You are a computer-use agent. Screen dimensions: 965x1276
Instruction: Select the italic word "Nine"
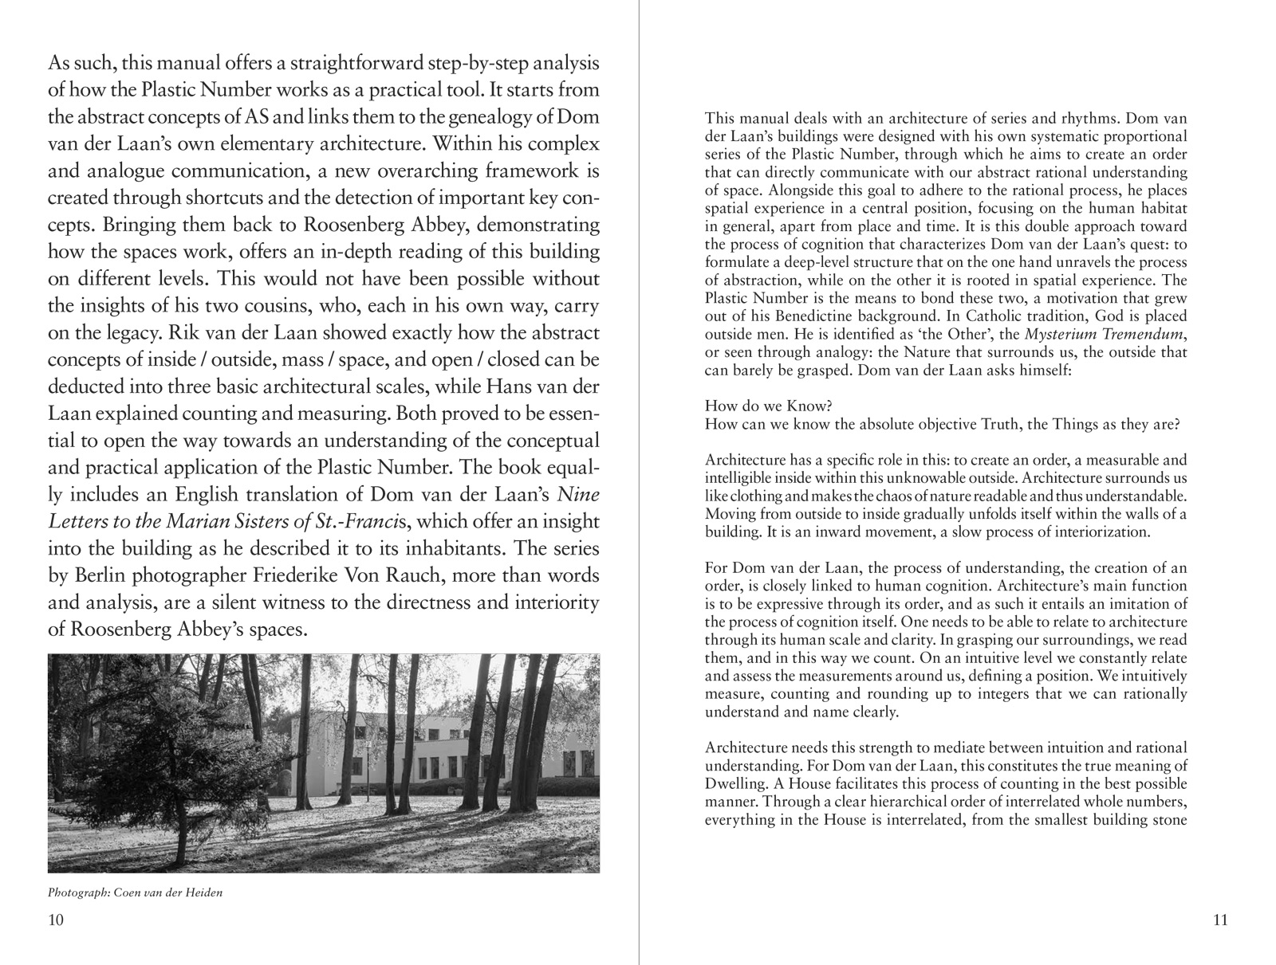point(578,495)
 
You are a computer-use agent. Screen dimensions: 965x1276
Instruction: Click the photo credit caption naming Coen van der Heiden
point(135,892)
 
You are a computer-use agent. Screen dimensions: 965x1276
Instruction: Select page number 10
point(56,920)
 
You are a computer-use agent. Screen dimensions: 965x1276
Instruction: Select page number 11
point(1220,920)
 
